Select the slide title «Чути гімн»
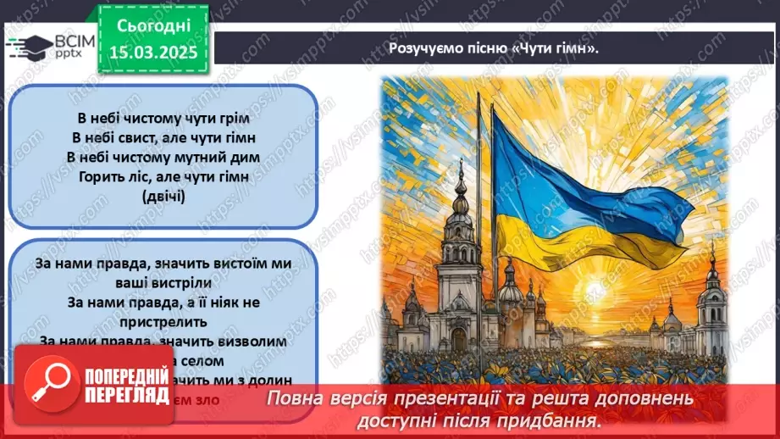click(x=556, y=47)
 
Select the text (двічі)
click(x=163, y=195)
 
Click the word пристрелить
click(x=163, y=322)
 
